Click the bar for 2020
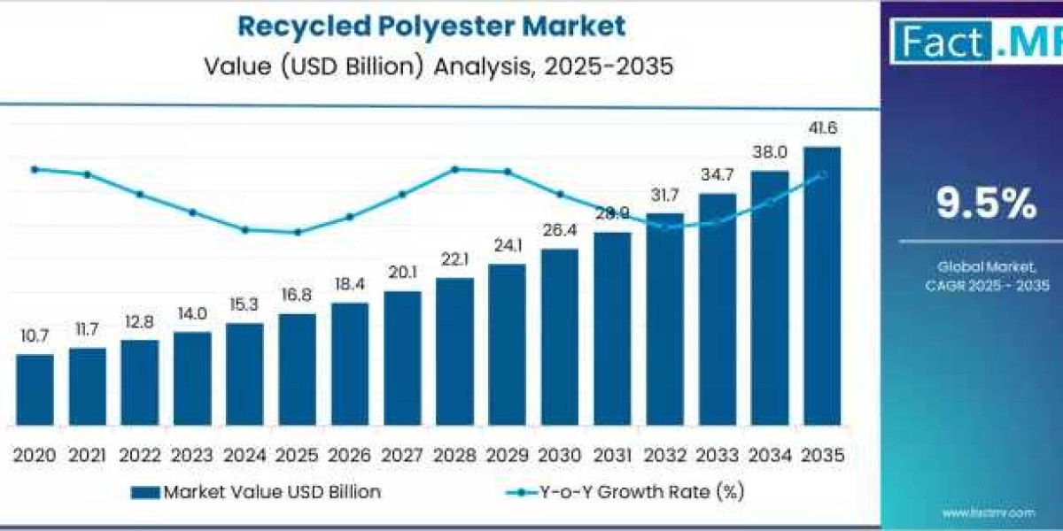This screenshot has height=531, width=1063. point(35,389)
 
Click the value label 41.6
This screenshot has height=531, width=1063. point(821,129)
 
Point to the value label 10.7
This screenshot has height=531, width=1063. point(35,336)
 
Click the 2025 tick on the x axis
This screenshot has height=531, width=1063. point(297,455)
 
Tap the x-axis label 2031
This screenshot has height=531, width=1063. point(611,455)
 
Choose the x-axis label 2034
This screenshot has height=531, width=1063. point(769,455)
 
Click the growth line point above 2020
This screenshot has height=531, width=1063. point(35,169)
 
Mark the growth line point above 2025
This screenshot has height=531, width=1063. point(297,233)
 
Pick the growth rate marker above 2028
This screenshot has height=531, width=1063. point(454,169)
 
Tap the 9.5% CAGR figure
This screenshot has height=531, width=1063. point(986,204)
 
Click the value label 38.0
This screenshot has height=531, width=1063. point(769,152)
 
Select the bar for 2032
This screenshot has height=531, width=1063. point(664,319)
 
